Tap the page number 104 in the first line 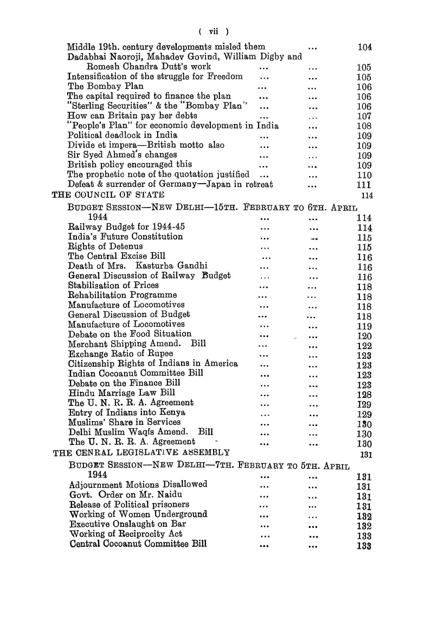coord(364,47)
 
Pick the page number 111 coord(364,185)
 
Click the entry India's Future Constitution coord(125,236)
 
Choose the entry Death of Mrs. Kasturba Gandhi coord(138,266)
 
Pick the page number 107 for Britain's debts coord(364,117)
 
